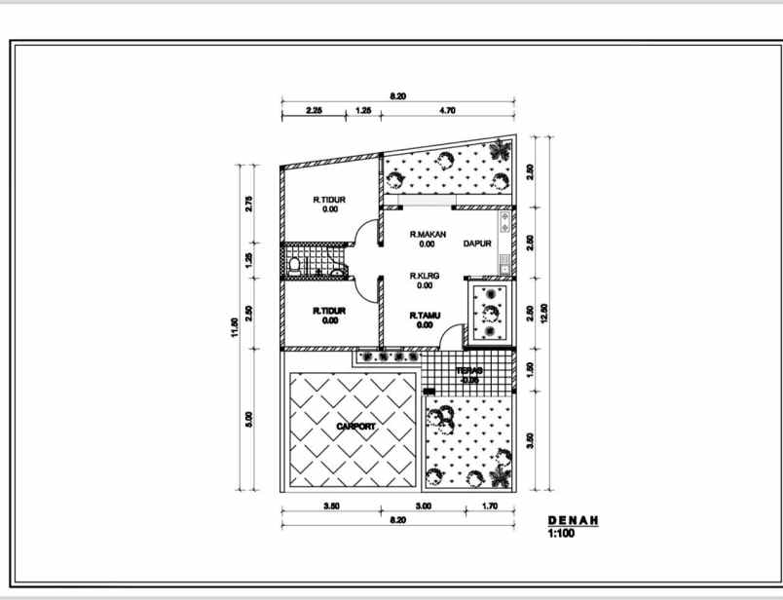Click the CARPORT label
pyautogui.click(x=354, y=427)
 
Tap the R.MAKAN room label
pyautogui.click(x=427, y=234)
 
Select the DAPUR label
pyautogui.click(x=477, y=244)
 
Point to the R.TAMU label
pyautogui.click(x=425, y=315)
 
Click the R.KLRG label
pyautogui.click(x=425, y=276)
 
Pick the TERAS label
pyautogui.click(x=470, y=371)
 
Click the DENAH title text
pyautogui.click(x=573, y=521)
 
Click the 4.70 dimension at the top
pyautogui.click(x=448, y=110)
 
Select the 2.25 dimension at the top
pyautogui.click(x=314, y=110)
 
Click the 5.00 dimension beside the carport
pyautogui.click(x=249, y=418)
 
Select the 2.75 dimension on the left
pyautogui.click(x=249, y=204)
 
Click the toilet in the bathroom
pyautogui.click(x=295, y=264)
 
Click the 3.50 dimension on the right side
pyautogui.click(x=530, y=439)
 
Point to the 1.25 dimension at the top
pyautogui.click(x=363, y=110)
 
